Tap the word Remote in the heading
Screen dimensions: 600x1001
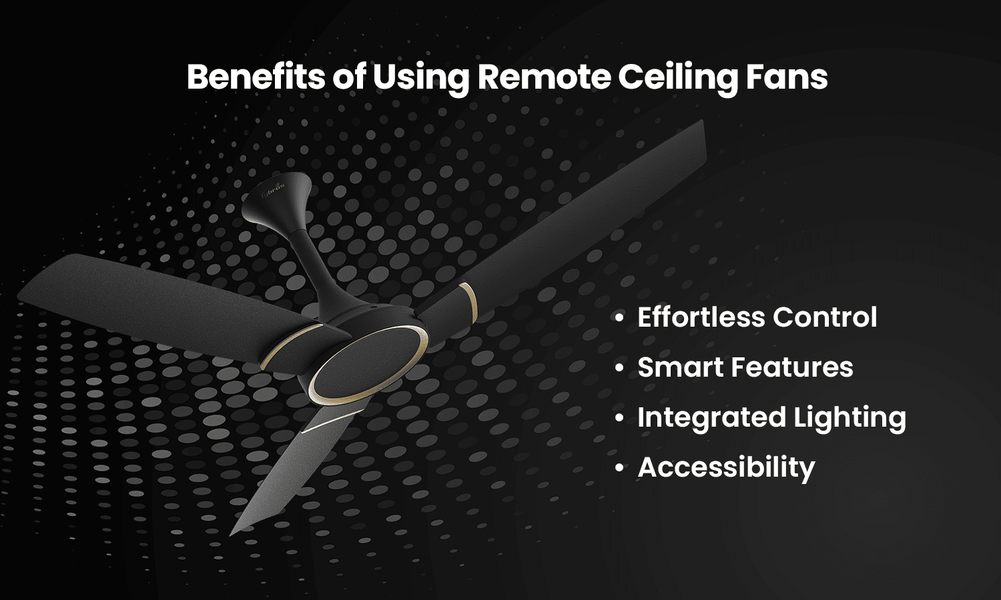(x=543, y=77)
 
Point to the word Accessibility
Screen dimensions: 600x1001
(x=726, y=468)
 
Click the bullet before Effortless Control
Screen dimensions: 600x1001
(x=620, y=318)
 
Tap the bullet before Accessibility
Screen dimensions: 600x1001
(x=620, y=468)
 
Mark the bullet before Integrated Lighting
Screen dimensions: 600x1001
(x=620, y=418)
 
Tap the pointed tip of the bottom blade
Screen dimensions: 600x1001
(x=232, y=533)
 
